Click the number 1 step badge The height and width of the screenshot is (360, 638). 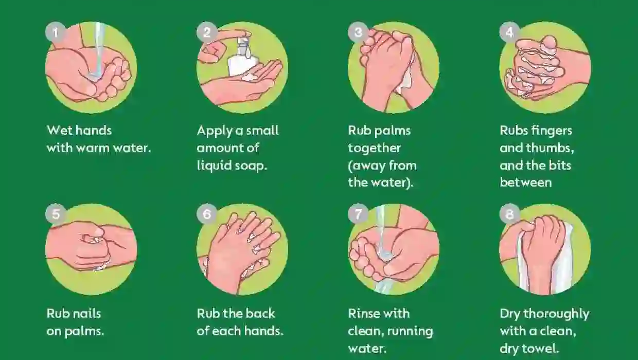coord(55,33)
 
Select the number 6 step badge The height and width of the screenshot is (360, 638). coord(207,214)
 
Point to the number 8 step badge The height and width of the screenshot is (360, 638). coord(509,214)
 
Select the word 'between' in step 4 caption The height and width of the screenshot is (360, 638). coord(525,183)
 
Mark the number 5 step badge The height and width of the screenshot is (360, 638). coord(55,214)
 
